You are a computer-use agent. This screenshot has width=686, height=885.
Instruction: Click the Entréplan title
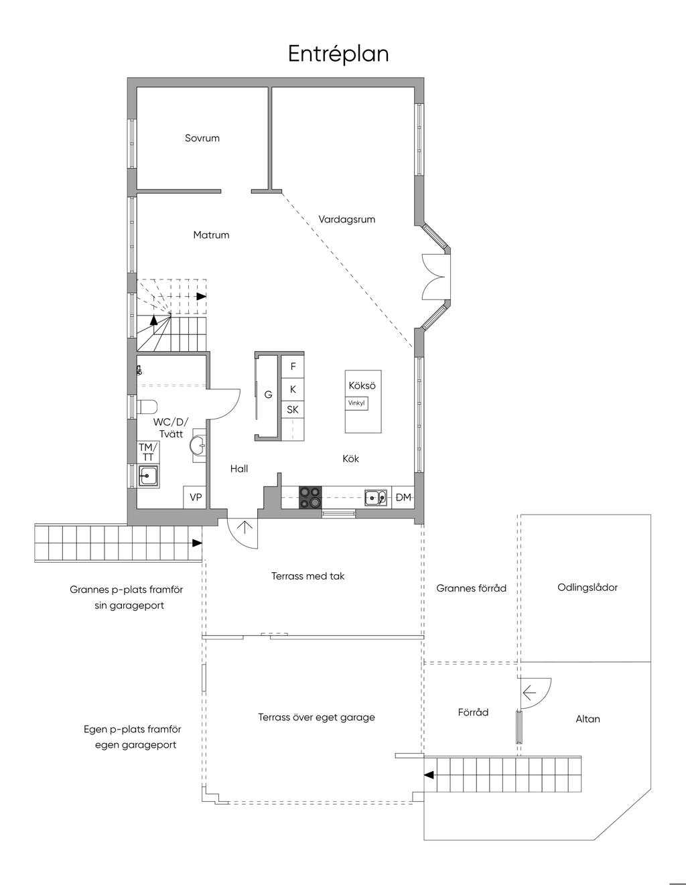tap(338, 54)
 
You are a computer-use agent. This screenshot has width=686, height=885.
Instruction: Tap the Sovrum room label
tap(202, 138)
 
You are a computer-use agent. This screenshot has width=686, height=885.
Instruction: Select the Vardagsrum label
tap(346, 220)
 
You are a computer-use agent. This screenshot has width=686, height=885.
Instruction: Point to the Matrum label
tap(211, 235)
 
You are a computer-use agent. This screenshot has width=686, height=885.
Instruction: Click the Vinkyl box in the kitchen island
tap(356, 403)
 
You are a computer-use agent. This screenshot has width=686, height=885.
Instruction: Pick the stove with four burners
tap(310, 497)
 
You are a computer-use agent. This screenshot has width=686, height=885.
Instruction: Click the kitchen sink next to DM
tap(375, 497)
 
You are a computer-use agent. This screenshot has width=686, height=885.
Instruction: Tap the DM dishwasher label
tap(403, 497)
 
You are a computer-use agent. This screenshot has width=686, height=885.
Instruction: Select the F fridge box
tap(293, 366)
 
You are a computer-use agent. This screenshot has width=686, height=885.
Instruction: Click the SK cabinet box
tap(293, 409)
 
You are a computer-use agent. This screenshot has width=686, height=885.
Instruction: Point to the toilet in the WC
tap(147, 407)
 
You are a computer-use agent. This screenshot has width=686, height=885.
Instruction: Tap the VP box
tap(196, 497)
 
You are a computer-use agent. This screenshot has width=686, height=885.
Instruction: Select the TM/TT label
tap(147, 452)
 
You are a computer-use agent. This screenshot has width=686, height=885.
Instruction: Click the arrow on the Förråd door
tap(529, 691)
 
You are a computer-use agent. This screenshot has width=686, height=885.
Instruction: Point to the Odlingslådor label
tap(587, 588)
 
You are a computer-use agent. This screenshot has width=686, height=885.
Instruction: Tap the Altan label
tap(588, 719)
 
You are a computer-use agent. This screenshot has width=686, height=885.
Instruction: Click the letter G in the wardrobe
tap(268, 394)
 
